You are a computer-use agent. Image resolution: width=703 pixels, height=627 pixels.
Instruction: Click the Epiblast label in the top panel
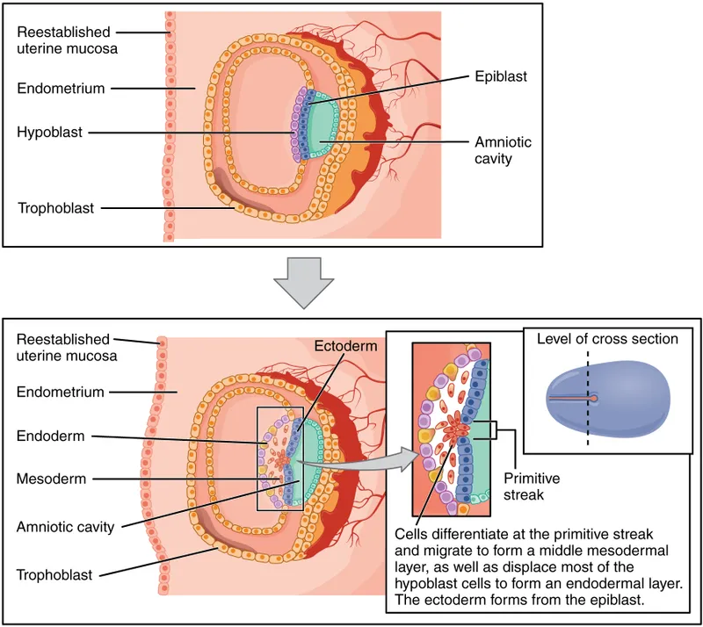tap(501, 76)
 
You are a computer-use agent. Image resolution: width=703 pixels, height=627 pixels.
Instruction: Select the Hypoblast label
tap(49, 133)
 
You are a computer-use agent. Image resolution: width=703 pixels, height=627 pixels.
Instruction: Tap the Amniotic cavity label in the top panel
tap(503, 151)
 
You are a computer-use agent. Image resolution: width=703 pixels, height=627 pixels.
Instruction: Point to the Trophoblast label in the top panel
tap(55, 208)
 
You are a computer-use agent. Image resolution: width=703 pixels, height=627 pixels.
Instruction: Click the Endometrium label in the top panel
tap(61, 88)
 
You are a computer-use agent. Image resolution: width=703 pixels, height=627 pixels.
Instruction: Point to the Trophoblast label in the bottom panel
tap(55, 574)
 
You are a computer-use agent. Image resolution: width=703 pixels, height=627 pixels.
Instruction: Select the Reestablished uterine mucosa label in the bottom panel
tap(63, 347)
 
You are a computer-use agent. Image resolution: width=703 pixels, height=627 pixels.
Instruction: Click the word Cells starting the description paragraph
tap(415, 535)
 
